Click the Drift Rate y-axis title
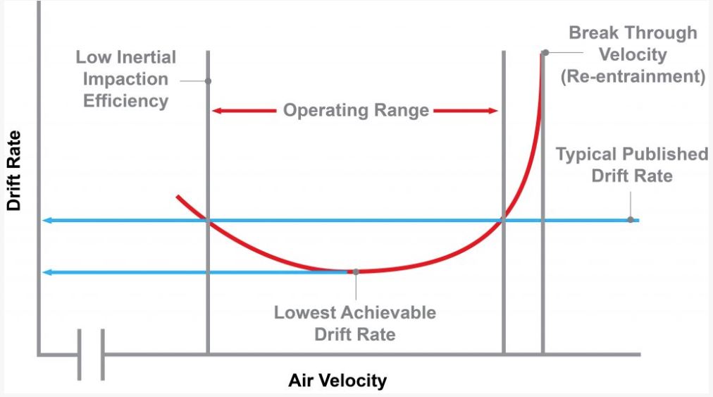[15, 171]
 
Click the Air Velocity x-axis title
[337, 381]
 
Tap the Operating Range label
[356, 111]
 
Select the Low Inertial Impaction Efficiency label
[126, 79]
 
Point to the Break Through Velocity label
[633, 54]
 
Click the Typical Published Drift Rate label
[632, 164]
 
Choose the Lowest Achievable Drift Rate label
[355, 322]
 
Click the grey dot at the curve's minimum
[356, 271]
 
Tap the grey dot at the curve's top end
[545, 52]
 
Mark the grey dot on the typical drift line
[630, 219]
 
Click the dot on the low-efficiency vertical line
[208, 81]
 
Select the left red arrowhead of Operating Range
[217, 111]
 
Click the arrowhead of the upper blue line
[46, 221]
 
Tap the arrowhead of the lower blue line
[46, 272]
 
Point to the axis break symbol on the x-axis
[91, 353]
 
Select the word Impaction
[126, 79]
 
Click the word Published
[662, 154]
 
